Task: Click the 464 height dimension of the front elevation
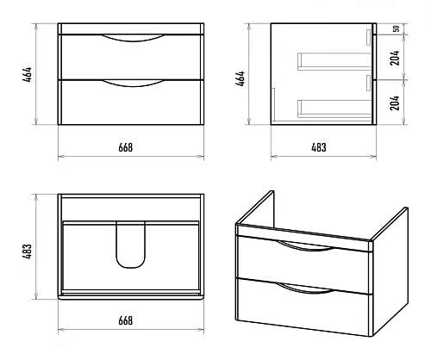click(x=28, y=75)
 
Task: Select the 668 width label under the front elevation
click(x=126, y=147)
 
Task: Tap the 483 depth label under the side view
click(x=319, y=147)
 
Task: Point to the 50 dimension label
click(x=397, y=28)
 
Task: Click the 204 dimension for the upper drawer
click(x=395, y=58)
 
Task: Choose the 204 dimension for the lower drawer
click(x=395, y=102)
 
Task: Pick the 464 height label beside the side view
click(x=240, y=78)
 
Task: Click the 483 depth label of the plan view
click(x=28, y=251)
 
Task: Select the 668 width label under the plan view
click(x=126, y=320)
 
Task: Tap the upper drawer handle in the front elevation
click(x=133, y=39)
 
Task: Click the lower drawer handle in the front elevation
click(x=133, y=84)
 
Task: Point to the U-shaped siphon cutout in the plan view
click(x=131, y=266)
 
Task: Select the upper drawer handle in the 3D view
click(x=305, y=248)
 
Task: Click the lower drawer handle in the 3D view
click(x=305, y=290)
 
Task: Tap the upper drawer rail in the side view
click(x=334, y=61)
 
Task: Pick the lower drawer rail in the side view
click(x=334, y=109)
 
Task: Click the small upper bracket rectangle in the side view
click(x=368, y=37)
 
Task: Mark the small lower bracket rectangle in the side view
click(x=368, y=84)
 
